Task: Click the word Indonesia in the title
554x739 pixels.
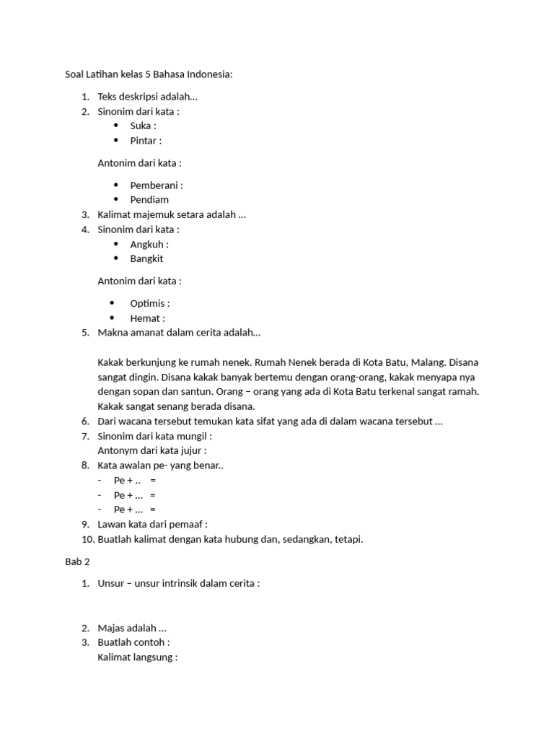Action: coord(210,74)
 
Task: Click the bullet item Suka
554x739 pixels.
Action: coord(143,126)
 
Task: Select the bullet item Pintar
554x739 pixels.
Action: coord(145,141)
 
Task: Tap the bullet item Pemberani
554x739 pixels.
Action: coord(156,185)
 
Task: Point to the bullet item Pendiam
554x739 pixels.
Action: coord(149,200)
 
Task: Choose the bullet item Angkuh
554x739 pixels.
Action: coord(149,244)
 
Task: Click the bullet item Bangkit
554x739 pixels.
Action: coord(146,258)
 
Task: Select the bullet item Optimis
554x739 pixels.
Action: coord(149,303)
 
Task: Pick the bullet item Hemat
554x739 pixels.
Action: coord(147,318)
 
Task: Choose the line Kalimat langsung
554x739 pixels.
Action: coord(137,657)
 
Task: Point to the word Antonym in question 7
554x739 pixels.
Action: coord(118,451)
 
